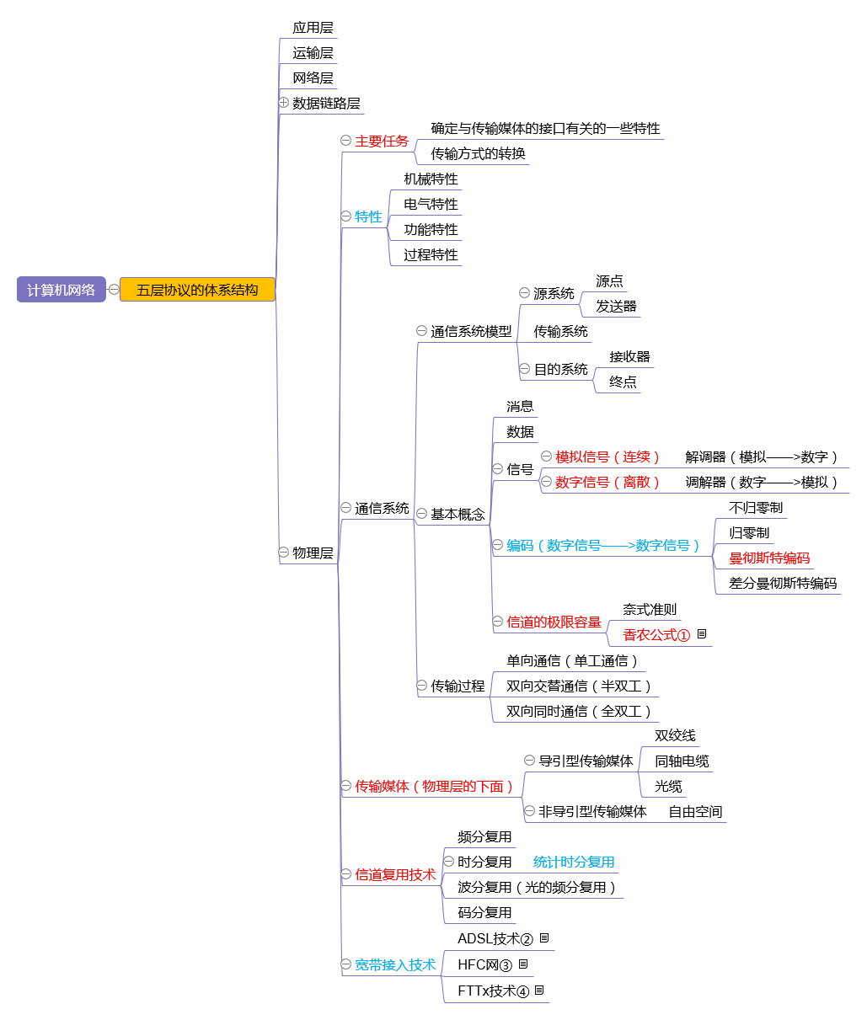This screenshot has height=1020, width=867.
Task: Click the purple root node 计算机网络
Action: tap(61, 290)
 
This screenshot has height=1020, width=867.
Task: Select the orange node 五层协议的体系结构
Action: tap(197, 290)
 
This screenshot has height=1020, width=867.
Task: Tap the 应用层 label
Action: tap(313, 28)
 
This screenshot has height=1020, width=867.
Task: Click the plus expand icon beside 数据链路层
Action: tap(284, 103)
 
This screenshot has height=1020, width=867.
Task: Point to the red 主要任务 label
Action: tap(382, 142)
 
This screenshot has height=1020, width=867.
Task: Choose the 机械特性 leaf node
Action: tap(431, 179)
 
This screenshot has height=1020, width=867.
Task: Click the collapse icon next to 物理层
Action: tap(284, 553)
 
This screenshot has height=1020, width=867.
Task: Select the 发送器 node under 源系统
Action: tap(616, 307)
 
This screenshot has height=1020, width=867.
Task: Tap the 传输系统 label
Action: tap(560, 332)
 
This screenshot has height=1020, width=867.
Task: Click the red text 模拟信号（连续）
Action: tap(607, 457)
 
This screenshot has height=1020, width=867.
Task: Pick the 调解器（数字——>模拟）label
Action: tap(762, 482)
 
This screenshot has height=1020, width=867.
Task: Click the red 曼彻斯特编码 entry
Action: tap(769, 558)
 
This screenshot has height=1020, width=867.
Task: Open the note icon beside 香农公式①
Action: tap(702, 634)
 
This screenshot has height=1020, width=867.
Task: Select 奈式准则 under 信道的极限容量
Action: tap(650, 610)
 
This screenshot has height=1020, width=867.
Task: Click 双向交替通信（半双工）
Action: tap(579, 686)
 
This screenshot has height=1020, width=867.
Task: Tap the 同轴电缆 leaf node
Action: tap(682, 761)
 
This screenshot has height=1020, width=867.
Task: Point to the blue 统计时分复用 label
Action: tap(574, 862)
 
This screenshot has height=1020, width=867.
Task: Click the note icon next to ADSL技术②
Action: tap(544, 938)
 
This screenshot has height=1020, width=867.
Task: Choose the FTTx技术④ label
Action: tap(493, 991)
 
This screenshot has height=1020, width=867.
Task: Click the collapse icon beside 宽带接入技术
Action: tap(346, 964)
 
